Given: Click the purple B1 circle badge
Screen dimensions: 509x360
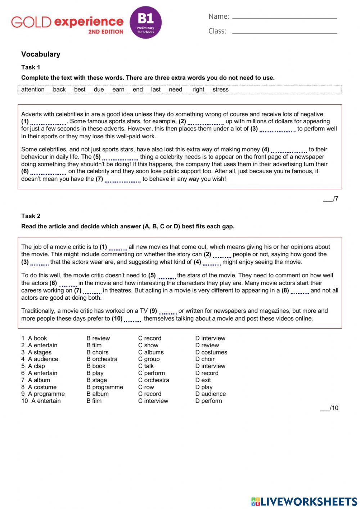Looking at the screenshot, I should point(145,22).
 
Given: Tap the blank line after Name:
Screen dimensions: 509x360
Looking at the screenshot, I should point(284,17).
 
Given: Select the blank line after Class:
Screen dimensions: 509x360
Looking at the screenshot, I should point(284,32).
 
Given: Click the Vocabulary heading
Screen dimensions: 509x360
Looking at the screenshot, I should point(41,54).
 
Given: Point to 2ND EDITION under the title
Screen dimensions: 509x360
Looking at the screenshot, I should point(106,32).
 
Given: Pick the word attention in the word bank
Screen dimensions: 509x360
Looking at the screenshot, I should point(33,90).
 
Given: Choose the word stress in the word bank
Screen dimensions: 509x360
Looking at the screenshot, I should point(220,90).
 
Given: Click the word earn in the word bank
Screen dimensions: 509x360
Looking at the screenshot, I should point(118,90).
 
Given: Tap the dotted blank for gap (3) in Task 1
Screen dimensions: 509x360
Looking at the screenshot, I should point(277,130).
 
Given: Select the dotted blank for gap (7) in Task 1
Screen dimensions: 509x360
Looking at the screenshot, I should point(122,180).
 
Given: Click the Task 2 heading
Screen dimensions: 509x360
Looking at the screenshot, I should point(31,216).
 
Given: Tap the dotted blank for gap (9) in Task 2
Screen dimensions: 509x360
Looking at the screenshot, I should point(167,312).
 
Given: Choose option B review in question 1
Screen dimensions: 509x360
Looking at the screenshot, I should point(98,338).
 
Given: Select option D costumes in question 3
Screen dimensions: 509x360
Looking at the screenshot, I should point(211,352).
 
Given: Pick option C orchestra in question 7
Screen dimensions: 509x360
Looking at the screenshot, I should point(154,380).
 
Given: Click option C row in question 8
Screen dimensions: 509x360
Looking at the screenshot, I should point(146,387).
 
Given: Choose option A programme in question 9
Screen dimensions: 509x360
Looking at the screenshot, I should point(46,394).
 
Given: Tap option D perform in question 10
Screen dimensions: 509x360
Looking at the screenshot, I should point(209,401).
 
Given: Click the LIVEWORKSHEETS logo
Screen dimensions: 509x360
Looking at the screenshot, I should point(304,501).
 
